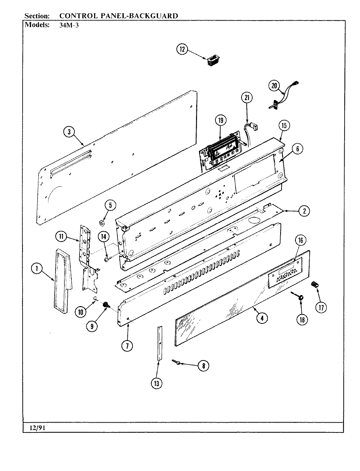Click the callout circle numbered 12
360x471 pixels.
click(x=182, y=49)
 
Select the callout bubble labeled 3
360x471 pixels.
click(x=69, y=132)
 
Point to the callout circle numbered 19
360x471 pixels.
click(x=221, y=121)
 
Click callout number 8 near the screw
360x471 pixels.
click(x=203, y=366)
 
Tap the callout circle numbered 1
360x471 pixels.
click(x=37, y=269)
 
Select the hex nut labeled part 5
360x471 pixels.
click(x=102, y=223)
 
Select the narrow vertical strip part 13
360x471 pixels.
click(x=159, y=343)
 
